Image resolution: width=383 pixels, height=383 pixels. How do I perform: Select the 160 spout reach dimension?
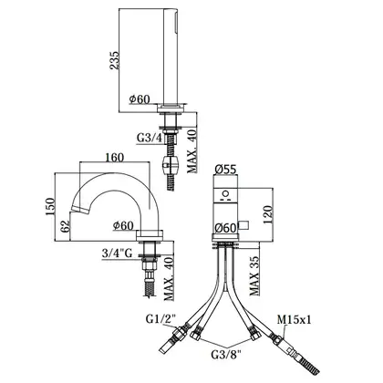tap(115, 157)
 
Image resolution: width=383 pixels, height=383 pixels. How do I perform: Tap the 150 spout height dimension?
tap(50, 206)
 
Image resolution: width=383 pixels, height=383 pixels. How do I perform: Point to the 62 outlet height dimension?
tap(66, 226)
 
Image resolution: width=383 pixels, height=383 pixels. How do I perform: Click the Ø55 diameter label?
tap(225, 170)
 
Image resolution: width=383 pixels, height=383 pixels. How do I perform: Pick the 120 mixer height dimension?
tap(267, 214)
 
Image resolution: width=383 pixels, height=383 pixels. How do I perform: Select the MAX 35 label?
tap(254, 276)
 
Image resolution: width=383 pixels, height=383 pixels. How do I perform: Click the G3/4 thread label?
tap(150, 138)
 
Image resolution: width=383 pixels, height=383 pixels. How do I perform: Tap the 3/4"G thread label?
tap(117, 253)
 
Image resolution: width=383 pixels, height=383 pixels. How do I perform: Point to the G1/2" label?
tap(161, 319)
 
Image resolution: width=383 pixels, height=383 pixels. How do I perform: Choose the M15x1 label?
tap(295, 319)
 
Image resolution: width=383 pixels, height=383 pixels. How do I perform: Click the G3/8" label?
tap(226, 354)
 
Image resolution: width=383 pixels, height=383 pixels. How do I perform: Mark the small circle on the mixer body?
tap(225, 193)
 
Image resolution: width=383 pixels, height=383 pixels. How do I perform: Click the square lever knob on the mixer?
tap(243, 225)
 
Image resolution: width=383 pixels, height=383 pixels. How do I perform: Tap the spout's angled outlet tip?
tap(79, 210)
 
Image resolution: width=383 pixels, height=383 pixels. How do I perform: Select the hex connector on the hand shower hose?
tap(171, 164)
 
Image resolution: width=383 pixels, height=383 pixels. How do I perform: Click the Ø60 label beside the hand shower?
tap(140, 99)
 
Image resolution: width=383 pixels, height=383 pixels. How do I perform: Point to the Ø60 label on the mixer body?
tap(225, 227)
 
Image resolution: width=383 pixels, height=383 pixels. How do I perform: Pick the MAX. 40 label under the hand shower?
tap(192, 150)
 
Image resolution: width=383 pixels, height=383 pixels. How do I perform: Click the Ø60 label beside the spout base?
tap(123, 225)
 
